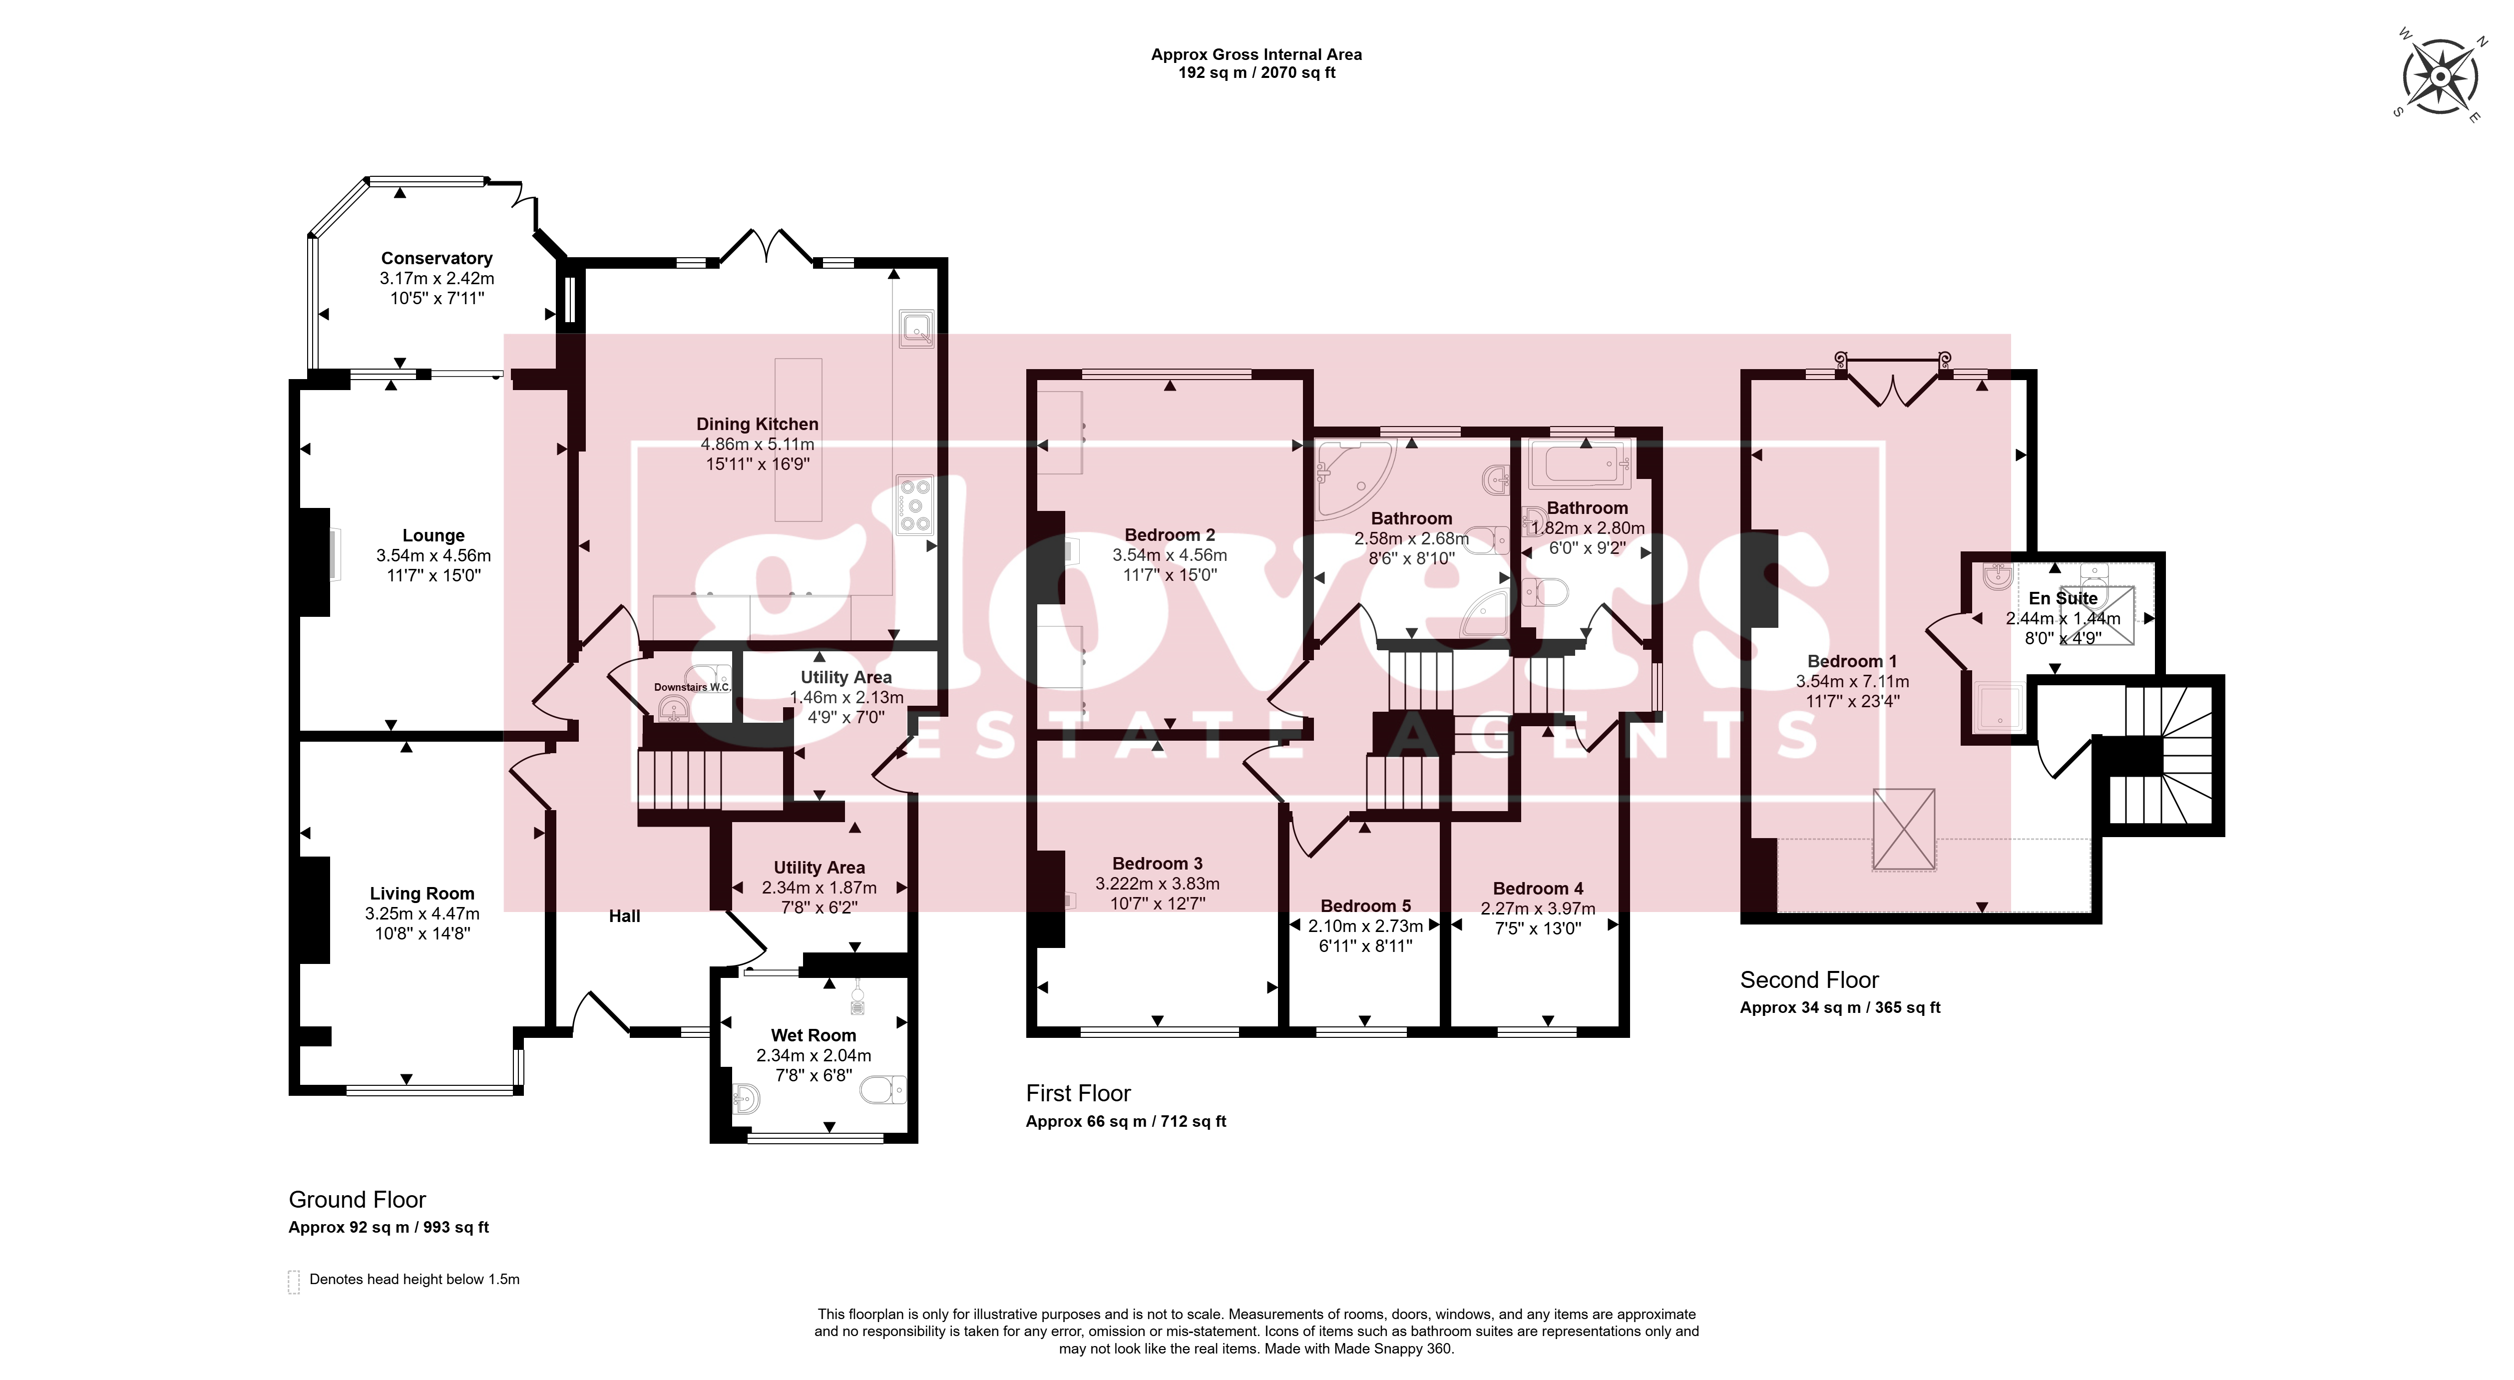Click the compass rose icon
pos(2439,76)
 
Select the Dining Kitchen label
pos(757,424)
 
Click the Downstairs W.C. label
pos(692,687)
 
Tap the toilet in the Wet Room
pos(883,1088)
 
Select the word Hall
pos(625,916)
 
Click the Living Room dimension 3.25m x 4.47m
pos(422,914)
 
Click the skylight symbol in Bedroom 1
pos(1903,829)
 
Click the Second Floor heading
pos(1809,980)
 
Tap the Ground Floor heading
pos(357,1200)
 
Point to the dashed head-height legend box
pos(294,1282)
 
